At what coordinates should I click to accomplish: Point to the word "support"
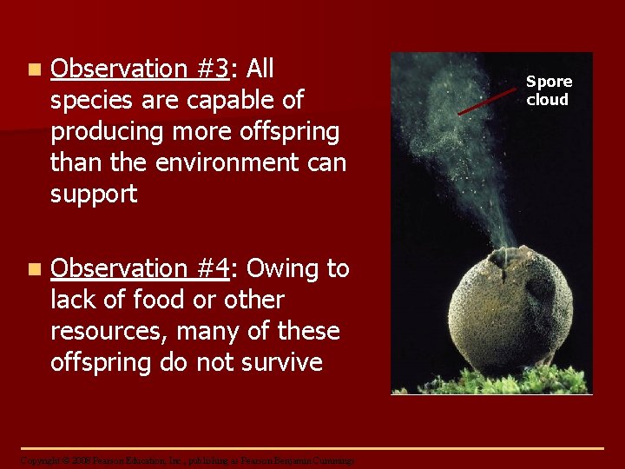pos(94,194)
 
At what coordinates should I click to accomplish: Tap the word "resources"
pos(109,331)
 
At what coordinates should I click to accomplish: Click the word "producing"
pos(112,131)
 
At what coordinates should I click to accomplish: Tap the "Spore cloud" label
pos(549,90)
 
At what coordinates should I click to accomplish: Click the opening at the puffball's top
pos(498,257)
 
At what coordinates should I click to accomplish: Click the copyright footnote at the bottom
pos(187,460)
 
